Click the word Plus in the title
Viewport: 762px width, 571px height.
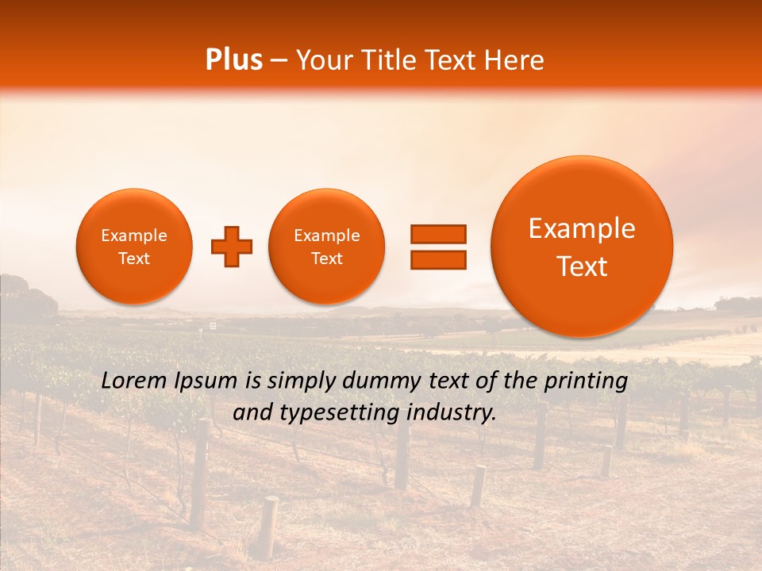pyautogui.click(x=234, y=60)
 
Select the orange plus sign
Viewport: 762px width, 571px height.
pyautogui.click(x=231, y=247)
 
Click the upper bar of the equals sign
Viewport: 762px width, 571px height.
pyautogui.click(x=437, y=234)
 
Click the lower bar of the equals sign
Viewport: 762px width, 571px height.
pyautogui.click(x=437, y=259)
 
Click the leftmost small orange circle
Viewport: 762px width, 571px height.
pyautogui.click(x=134, y=247)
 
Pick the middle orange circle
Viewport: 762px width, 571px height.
pyautogui.click(x=326, y=247)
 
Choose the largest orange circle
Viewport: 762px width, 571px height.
pyautogui.click(x=582, y=246)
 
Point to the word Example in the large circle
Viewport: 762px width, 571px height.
pyautogui.click(x=582, y=228)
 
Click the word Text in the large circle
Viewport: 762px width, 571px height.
pyautogui.click(x=582, y=266)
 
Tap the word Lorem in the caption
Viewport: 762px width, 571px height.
pyautogui.click(x=135, y=381)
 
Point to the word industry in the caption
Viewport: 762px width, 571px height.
pyautogui.click(x=452, y=413)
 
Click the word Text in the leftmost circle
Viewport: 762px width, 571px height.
pyautogui.click(x=134, y=259)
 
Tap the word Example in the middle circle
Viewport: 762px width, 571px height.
pyautogui.click(x=326, y=236)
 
